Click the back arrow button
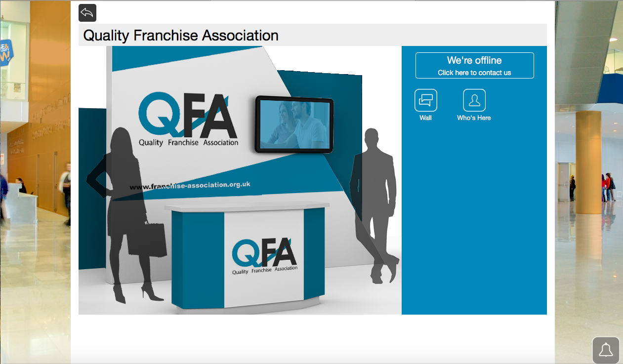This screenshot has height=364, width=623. (x=87, y=13)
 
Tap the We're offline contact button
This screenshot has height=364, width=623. (x=474, y=65)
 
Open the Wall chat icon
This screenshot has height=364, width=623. (x=425, y=100)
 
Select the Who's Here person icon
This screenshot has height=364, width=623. (x=474, y=100)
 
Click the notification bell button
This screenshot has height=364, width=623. (x=606, y=350)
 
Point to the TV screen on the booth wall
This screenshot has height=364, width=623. (x=294, y=124)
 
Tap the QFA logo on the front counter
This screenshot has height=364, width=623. (x=265, y=256)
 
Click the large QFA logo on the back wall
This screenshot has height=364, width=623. (x=188, y=119)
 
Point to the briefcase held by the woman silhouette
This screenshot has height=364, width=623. (x=147, y=240)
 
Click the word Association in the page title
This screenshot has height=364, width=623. (x=240, y=36)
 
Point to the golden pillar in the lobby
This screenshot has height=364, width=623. (x=588, y=162)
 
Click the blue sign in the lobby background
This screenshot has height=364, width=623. (x=6, y=52)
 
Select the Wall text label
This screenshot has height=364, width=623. (x=425, y=118)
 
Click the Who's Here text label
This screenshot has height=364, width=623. (x=474, y=118)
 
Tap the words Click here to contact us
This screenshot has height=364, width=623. (x=474, y=73)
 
